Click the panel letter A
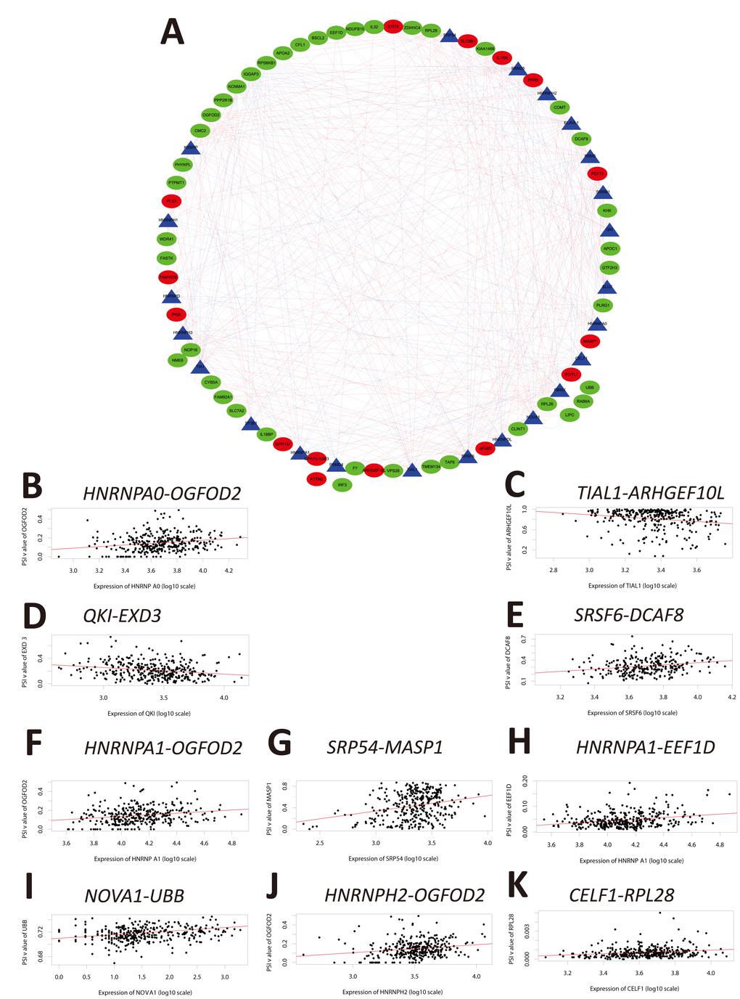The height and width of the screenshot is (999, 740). click(173, 31)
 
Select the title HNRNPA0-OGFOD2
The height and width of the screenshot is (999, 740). click(162, 494)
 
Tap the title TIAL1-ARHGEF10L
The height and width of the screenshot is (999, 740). click(651, 494)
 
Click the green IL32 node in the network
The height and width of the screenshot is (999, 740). click(374, 27)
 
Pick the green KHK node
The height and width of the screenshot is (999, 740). click(607, 211)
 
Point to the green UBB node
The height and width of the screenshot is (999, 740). click(589, 388)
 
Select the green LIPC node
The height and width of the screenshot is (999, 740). click(570, 415)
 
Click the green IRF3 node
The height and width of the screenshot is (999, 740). click(342, 484)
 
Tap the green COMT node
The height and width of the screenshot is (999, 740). click(559, 107)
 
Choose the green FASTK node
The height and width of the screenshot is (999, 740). click(167, 258)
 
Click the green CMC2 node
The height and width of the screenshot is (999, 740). click(200, 131)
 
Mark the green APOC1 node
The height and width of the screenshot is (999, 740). click(610, 248)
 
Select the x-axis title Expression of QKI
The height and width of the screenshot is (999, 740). click(149, 714)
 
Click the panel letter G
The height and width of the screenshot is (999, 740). click(279, 743)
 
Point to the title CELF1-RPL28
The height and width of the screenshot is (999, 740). click(622, 895)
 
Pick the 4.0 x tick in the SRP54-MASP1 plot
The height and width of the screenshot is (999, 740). click(488, 843)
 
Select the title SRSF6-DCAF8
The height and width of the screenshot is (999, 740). click(628, 616)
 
